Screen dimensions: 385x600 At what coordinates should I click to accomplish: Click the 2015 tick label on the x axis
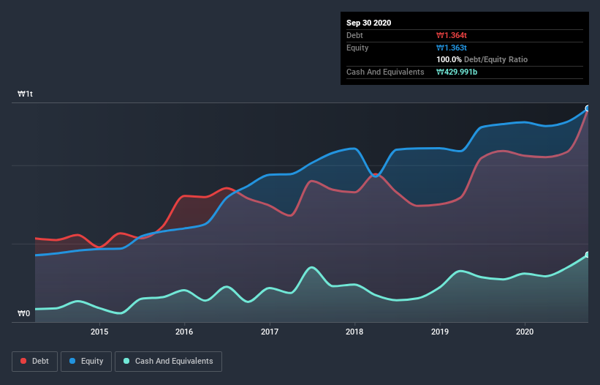99,332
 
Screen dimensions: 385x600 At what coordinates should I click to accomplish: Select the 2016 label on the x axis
184,332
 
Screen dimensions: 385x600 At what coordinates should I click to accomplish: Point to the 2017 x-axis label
270,332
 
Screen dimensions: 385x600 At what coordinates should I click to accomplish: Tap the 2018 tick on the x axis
354,332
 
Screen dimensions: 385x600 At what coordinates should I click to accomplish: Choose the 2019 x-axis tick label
440,332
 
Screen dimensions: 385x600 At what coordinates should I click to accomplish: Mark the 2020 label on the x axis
525,332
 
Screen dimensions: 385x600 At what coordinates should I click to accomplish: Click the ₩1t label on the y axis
26,94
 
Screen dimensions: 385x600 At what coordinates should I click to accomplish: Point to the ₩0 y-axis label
24,314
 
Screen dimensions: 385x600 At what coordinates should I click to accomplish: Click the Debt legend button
34,361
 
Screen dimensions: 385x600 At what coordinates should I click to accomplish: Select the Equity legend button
86,361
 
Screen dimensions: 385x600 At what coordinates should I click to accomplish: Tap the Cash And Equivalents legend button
168,361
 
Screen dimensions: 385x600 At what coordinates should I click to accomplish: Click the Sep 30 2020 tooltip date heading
369,23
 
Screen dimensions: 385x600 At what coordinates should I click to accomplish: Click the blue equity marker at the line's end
587,108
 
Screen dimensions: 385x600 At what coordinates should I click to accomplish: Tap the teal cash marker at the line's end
587,255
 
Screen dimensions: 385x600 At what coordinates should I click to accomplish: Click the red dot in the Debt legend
24,361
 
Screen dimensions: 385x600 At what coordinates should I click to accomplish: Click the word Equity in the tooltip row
358,48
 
